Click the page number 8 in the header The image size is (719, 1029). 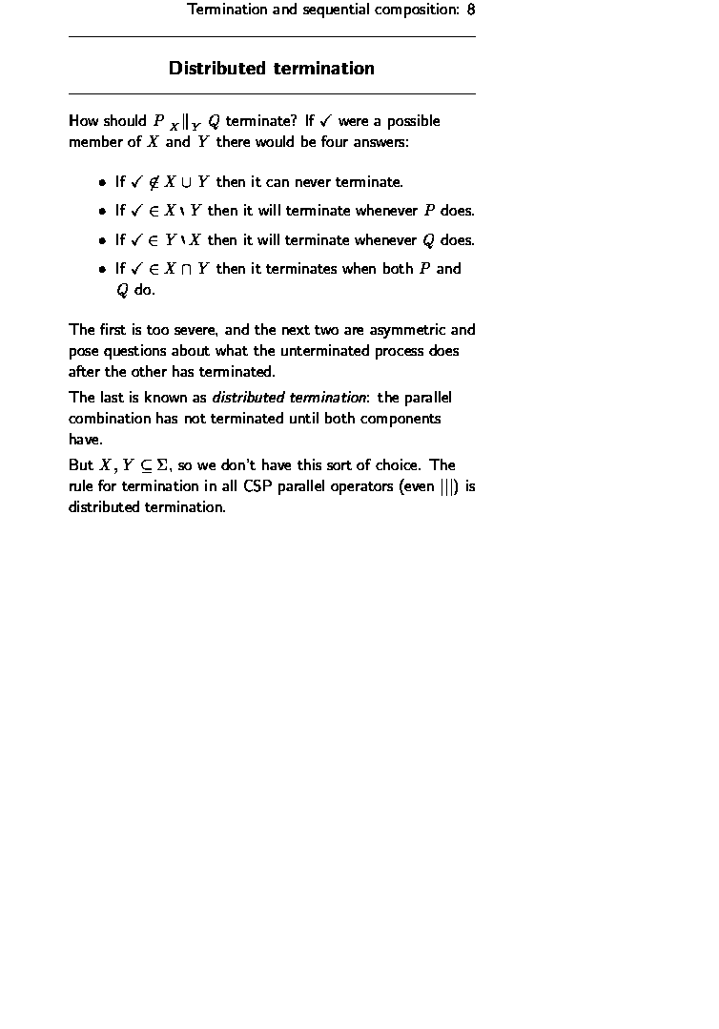(471, 10)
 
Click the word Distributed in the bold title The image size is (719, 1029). (217, 69)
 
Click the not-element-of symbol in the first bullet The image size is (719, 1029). (153, 181)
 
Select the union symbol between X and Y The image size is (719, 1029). (187, 182)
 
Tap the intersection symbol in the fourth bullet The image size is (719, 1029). (187, 270)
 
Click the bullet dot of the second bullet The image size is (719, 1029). (102, 212)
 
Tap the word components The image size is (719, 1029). (402, 418)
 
